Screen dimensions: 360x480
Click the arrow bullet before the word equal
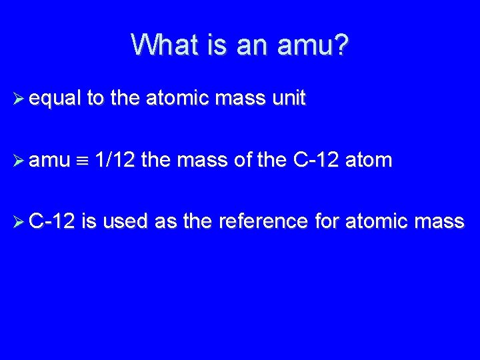pyautogui.click(x=19, y=99)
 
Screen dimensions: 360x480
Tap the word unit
pyautogui.click(x=289, y=99)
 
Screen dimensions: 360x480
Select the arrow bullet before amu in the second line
pyautogui.click(x=19, y=160)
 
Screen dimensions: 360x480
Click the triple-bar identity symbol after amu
pyautogui.click(x=82, y=161)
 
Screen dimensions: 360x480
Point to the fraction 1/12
pyautogui.click(x=116, y=160)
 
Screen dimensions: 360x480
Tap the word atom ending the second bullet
pyautogui.click(x=369, y=160)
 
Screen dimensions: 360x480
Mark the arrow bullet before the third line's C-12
pyautogui.click(x=19, y=221)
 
